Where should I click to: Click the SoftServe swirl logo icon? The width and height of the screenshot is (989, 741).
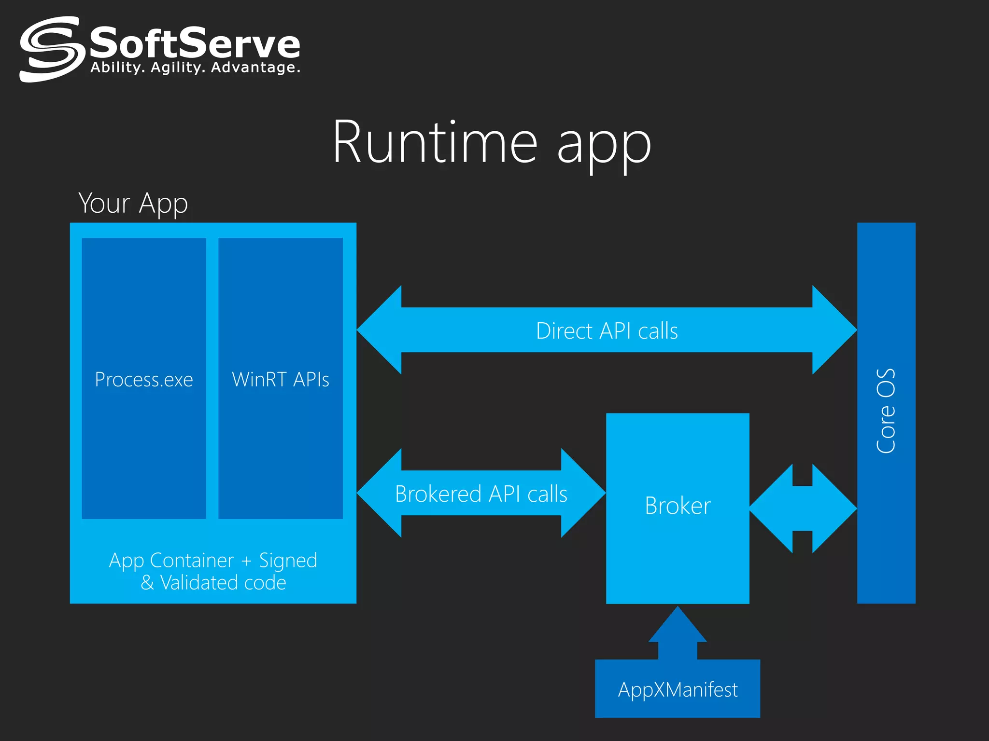pos(50,49)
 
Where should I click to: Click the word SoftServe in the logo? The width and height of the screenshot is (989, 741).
pos(195,43)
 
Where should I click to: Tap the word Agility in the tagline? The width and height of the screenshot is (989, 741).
pos(175,68)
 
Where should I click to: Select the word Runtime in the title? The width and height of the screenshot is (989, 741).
pos(435,142)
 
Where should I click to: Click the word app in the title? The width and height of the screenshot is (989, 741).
pos(604,145)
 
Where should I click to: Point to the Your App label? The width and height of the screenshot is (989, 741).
pos(133,203)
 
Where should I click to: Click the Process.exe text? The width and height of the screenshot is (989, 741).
pos(144,380)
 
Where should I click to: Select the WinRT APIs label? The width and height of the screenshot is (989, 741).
pos(281,380)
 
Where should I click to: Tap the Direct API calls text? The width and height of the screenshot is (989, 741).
pos(607,331)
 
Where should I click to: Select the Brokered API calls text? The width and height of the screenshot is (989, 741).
pos(481,494)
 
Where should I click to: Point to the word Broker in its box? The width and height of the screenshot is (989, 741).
pos(678,506)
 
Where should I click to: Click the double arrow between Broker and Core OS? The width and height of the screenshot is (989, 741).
pos(803,508)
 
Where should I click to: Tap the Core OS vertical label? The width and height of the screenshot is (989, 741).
pos(886,411)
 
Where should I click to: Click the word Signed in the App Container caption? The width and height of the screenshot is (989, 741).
pos(288,561)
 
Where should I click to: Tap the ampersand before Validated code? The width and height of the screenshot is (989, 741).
pos(147,583)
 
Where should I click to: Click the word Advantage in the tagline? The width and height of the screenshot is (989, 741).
pos(255,68)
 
